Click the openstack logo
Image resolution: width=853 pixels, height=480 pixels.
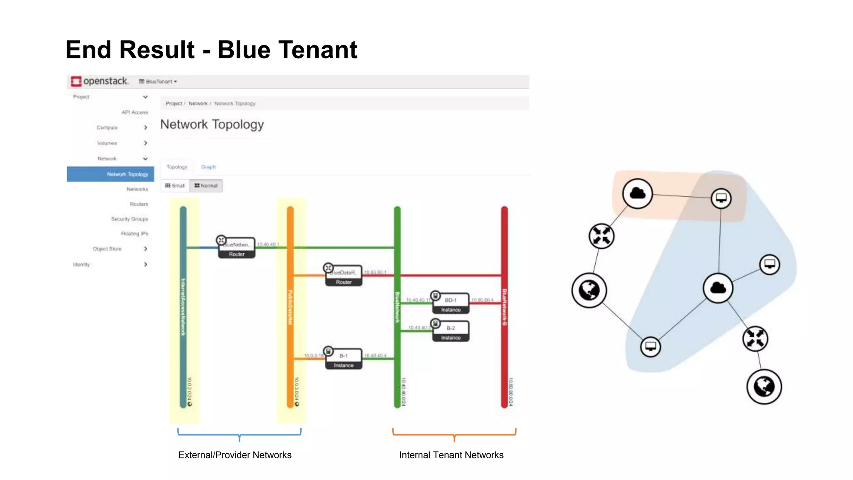100,81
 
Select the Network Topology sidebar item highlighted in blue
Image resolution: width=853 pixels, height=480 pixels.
127,174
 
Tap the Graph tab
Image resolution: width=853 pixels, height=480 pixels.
208,167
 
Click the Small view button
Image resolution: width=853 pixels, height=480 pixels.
175,186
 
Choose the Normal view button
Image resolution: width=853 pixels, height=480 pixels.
206,186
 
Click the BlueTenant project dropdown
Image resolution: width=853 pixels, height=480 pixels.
158,82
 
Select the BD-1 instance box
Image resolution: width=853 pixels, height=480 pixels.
451,304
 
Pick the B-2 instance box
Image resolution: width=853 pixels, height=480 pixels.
451,332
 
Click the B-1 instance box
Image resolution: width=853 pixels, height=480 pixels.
344,360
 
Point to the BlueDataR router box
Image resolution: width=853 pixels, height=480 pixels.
344,276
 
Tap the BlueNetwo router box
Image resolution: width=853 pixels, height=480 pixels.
237,248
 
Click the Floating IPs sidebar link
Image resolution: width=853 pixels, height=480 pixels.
134,234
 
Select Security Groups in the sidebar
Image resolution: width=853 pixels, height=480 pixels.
129,219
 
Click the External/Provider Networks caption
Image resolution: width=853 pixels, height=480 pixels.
235,455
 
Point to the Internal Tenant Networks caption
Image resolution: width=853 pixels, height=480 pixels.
451,455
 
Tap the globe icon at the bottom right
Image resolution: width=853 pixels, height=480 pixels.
764,386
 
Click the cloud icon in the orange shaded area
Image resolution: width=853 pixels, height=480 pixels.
637,193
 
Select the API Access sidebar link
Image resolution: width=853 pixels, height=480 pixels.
135,112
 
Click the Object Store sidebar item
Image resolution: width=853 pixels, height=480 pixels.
107,249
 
